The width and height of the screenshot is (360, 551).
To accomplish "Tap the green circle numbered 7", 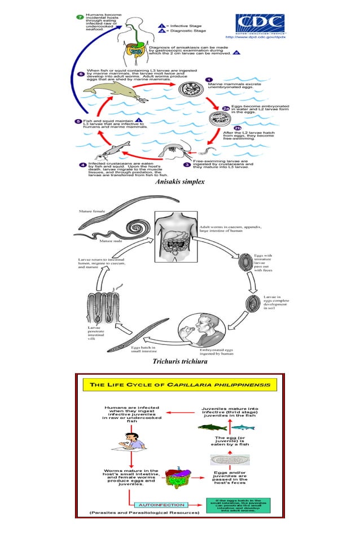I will tap(80, 18).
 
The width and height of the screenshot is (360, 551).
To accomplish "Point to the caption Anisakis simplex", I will tap(179, 182).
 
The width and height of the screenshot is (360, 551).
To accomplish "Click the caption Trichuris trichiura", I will tap(179, 361).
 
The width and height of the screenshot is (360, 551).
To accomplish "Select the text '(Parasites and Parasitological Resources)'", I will tap(144, 513).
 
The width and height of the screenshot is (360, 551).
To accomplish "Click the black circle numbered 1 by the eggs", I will tap(209, 80).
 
